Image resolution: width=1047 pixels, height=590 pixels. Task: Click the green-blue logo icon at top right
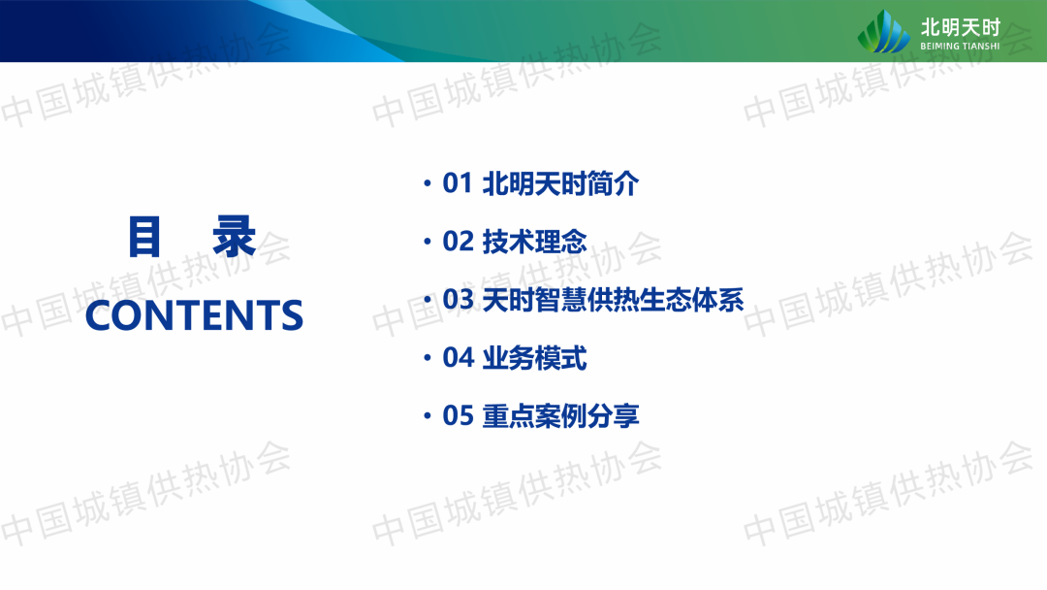tap(883, 31)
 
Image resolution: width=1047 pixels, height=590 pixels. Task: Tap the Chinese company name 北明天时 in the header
tap(961, 27)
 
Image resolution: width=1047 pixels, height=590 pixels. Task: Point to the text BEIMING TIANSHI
tap(960, 47)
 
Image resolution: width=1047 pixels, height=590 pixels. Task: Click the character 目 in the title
tap(144, 237)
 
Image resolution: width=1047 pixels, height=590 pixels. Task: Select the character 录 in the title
tap(235, 237)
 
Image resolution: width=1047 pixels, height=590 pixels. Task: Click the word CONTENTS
tap(194, 315)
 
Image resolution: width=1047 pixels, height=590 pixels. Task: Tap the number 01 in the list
tap(458, 183)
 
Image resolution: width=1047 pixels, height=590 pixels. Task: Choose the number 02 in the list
tap(458, 242)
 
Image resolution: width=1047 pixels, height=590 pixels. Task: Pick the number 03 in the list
tap(458, 299)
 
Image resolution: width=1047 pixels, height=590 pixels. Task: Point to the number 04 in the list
tap(458, 357)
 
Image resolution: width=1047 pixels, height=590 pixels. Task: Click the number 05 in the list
tap(458, 415)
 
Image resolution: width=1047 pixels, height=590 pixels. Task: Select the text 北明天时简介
tap(560, 183)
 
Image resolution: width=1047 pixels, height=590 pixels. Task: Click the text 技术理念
tap(534, 242)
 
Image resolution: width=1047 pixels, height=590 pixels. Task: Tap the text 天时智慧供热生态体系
tap(613, 299)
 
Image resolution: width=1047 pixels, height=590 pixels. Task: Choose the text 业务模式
tap(534, 357)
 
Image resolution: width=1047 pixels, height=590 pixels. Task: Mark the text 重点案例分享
tap(560, 415)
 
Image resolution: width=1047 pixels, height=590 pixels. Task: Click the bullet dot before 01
tap(428, 183)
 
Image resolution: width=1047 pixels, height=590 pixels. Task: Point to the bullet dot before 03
tap(428, 299)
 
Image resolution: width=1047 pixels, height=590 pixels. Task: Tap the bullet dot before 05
tap(428, 415)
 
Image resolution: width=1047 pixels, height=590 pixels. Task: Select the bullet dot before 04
tap(428, 357)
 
